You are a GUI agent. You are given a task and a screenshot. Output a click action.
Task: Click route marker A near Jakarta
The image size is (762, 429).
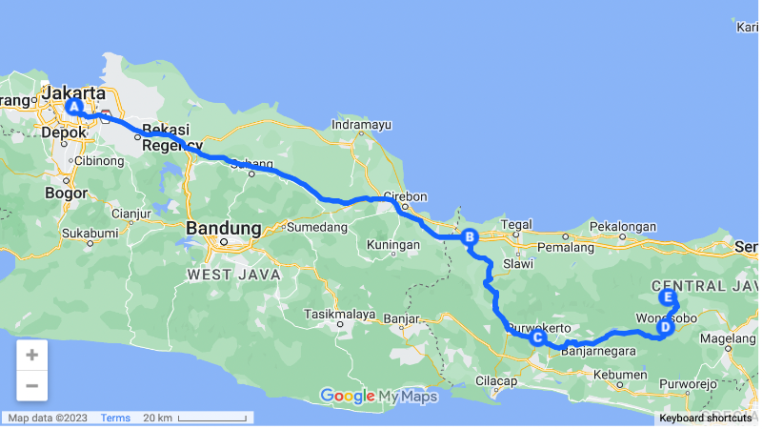tap(72, 107)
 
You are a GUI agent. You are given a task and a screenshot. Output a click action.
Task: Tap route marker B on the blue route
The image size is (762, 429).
tap(469, 237)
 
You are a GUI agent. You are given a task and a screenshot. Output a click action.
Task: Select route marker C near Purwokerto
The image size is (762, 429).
tap(537, 337)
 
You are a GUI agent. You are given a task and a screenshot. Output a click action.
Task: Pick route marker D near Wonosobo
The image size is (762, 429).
tap(664, 328)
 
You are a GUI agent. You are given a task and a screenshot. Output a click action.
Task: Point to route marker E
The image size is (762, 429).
tap(668, 297)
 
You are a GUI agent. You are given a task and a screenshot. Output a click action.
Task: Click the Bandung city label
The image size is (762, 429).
tap(224, 229)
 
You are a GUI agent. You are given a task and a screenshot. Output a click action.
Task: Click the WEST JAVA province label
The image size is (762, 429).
tap(233, 275)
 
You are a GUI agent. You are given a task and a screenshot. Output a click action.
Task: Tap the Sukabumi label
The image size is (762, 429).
tap(90, 233)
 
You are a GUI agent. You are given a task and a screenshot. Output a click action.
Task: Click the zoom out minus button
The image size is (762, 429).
tap(31, 385)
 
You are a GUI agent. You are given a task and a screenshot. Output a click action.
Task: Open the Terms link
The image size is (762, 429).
tap(115, 418)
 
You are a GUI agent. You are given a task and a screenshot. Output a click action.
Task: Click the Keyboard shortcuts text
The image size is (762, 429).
tap(705, 418)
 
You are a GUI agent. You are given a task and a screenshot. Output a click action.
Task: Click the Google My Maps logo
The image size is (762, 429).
tap(378, 396)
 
